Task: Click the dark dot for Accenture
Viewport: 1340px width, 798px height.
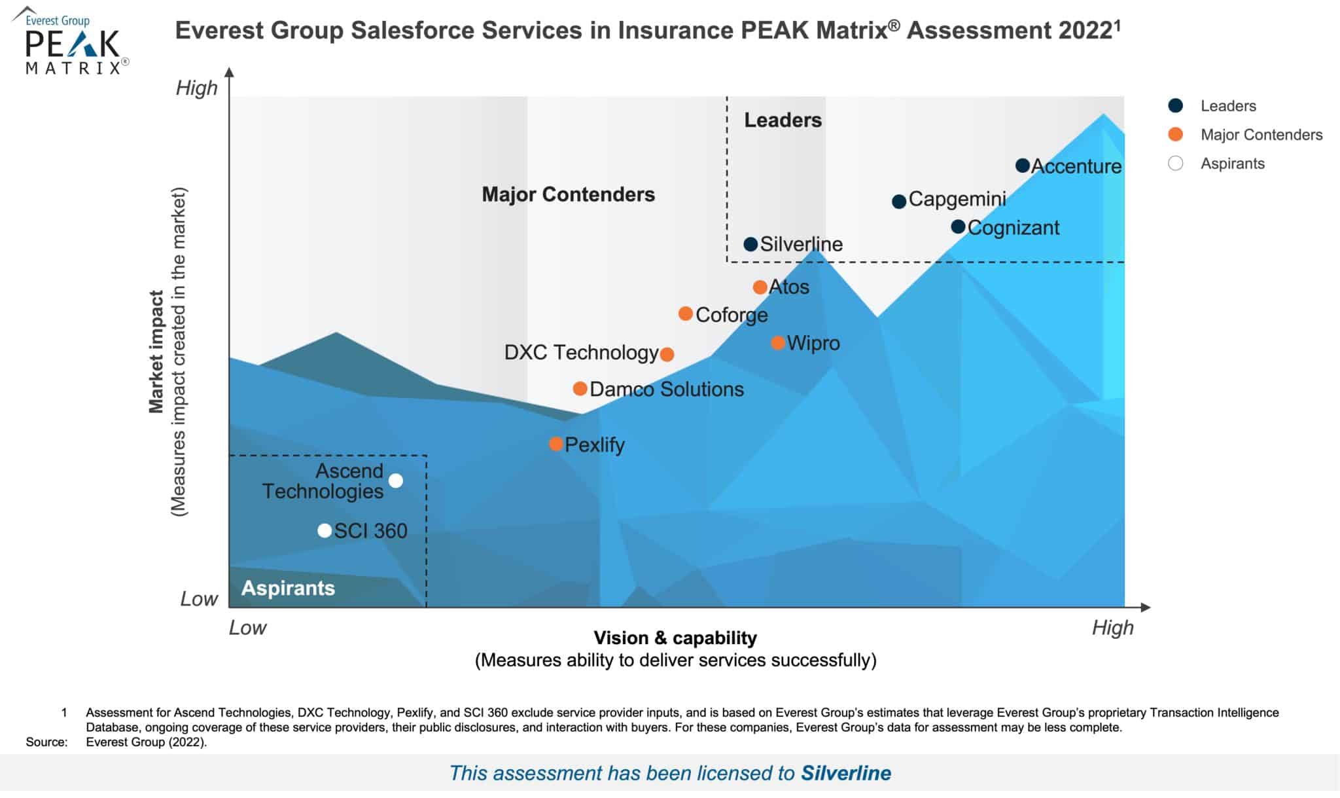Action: pyautogui.click(x=1022, y=166)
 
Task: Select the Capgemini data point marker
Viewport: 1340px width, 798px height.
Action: pyautogui.click(x=899, y=201)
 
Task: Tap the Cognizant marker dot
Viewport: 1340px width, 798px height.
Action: pyautogui.click(x=958, y=227)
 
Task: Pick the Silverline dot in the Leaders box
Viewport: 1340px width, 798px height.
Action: pyautogui.click(x=750, y=244)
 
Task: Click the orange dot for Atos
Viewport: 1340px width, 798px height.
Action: pyautogui.click(x=760, y=287)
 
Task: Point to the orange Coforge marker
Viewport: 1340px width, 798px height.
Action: pyautogui.click(x=685, y=314)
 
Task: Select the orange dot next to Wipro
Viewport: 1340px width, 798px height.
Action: pyautogui.click(x=777, y=342)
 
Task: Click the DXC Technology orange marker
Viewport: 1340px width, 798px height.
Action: pyautogui.click(x=667, y=354)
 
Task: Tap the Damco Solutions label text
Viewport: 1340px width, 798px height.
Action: pyautogui.click(x=666, y=389)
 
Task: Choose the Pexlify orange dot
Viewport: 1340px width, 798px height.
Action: pyautogui.click(x=555, y=444)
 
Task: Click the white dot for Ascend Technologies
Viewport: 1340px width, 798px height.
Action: pyautogui.click(x=395, y=481)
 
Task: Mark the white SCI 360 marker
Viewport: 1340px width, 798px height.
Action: pyautogui.click(x=324, y=530)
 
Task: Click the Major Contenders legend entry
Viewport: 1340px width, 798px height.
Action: pyautogui.click(x=1261, y=135)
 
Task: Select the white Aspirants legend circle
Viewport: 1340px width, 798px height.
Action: pyautogui.click(x=1175, y=164)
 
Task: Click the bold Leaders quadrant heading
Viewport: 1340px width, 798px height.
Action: pyautogui.click(x=783, y=120)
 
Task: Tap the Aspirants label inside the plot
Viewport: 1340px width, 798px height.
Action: pyautogui.click(x=288, y=588)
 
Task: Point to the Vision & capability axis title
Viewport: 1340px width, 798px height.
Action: pyautogui.click(x=675, y=638)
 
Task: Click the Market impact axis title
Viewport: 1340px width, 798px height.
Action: pyautogui.click(x=156, y=352)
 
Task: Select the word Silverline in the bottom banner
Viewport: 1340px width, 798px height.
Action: pyautogui.click(x=845, y=773)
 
